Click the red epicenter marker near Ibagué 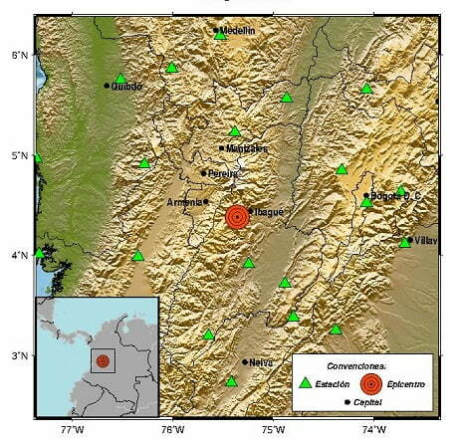pyautogui.click(x=237, y=216)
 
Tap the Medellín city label pyautogui.click(x=238, y=31)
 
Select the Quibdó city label pyautogui.click(x=127, y=86)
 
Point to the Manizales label pyautogui.click(x=248, y=148)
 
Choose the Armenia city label pyautogui.click(x=184, y=202)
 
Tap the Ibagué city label pyautogui.click(x=269, y=211)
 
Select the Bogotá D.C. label pyautogui.click(x=396, y=196)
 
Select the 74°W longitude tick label pyautogui.click(x=374, y=431)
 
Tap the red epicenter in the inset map pyautogui.click(x=102, y=360)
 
